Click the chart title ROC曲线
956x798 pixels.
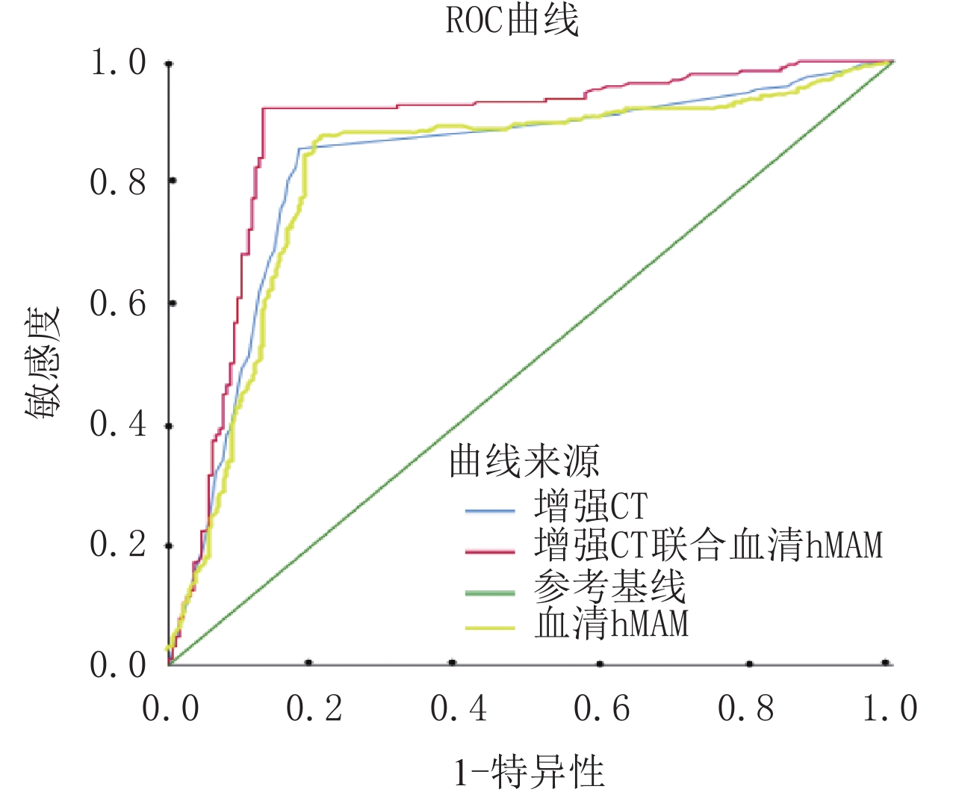point(512,21)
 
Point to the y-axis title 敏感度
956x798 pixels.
point(44,364)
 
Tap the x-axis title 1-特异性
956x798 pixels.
point(529,771)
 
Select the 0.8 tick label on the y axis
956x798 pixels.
point(118,182)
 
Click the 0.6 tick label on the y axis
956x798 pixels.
point(118,303)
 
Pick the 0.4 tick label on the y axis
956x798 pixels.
point(118,424)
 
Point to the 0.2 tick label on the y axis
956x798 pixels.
point(118,545)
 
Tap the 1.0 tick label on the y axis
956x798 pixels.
point(118,63)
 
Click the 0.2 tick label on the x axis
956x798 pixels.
point(314,708)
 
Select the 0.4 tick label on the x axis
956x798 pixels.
point(459,708)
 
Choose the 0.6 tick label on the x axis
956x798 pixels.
point(602,708)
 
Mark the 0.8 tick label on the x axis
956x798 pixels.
point(746,708)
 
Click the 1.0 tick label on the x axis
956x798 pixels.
point(890,708)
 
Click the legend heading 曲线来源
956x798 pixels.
point(524,461)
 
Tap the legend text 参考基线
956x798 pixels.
point(609,587)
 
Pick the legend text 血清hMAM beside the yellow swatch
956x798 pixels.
point(611,624)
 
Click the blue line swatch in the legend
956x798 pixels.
point(490,511)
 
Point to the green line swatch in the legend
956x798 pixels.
point(490,593)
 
